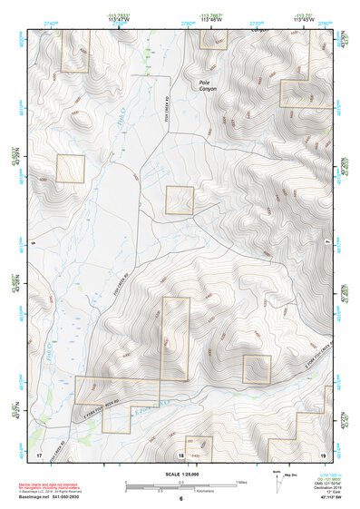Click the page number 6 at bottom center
tap(180, 500)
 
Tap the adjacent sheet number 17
tap(39, 452)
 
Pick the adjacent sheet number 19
tap(322, 452)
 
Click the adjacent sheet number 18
tap(180, 454)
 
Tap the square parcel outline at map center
tap(180, 201)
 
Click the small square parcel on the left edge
tap(71, 168)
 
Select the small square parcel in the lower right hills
tap(257, 369)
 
